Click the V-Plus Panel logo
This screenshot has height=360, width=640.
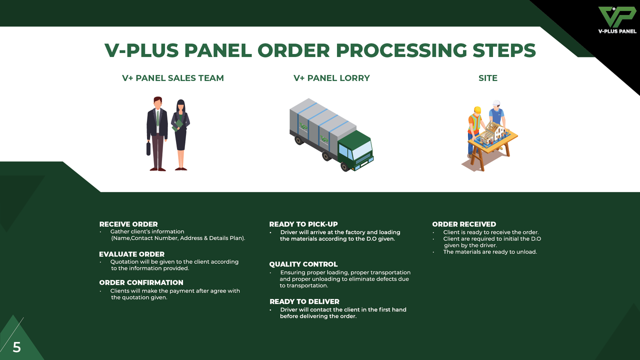(617, 20)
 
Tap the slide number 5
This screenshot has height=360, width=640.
(17, 347)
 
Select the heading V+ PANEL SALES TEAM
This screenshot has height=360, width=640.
(173, 78)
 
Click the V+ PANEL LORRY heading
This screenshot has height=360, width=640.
(331, 78)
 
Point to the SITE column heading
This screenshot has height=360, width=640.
(488, 78)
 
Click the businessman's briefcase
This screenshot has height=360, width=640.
(148, 148)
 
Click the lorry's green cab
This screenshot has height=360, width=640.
(355, 150)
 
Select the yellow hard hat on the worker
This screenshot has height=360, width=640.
(477, 110)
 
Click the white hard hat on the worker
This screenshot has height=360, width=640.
(496, 103)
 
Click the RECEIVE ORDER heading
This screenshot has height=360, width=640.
(128, 224)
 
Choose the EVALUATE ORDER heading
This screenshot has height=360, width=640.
(131, 254)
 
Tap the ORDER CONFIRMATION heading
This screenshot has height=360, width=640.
(141, 282)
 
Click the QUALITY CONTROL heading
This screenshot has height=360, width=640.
(303, 264)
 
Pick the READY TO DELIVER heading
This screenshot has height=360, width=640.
(304, 301)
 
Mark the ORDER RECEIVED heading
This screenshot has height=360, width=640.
(464, 224)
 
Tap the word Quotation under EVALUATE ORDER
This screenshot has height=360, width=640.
(125, 262)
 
